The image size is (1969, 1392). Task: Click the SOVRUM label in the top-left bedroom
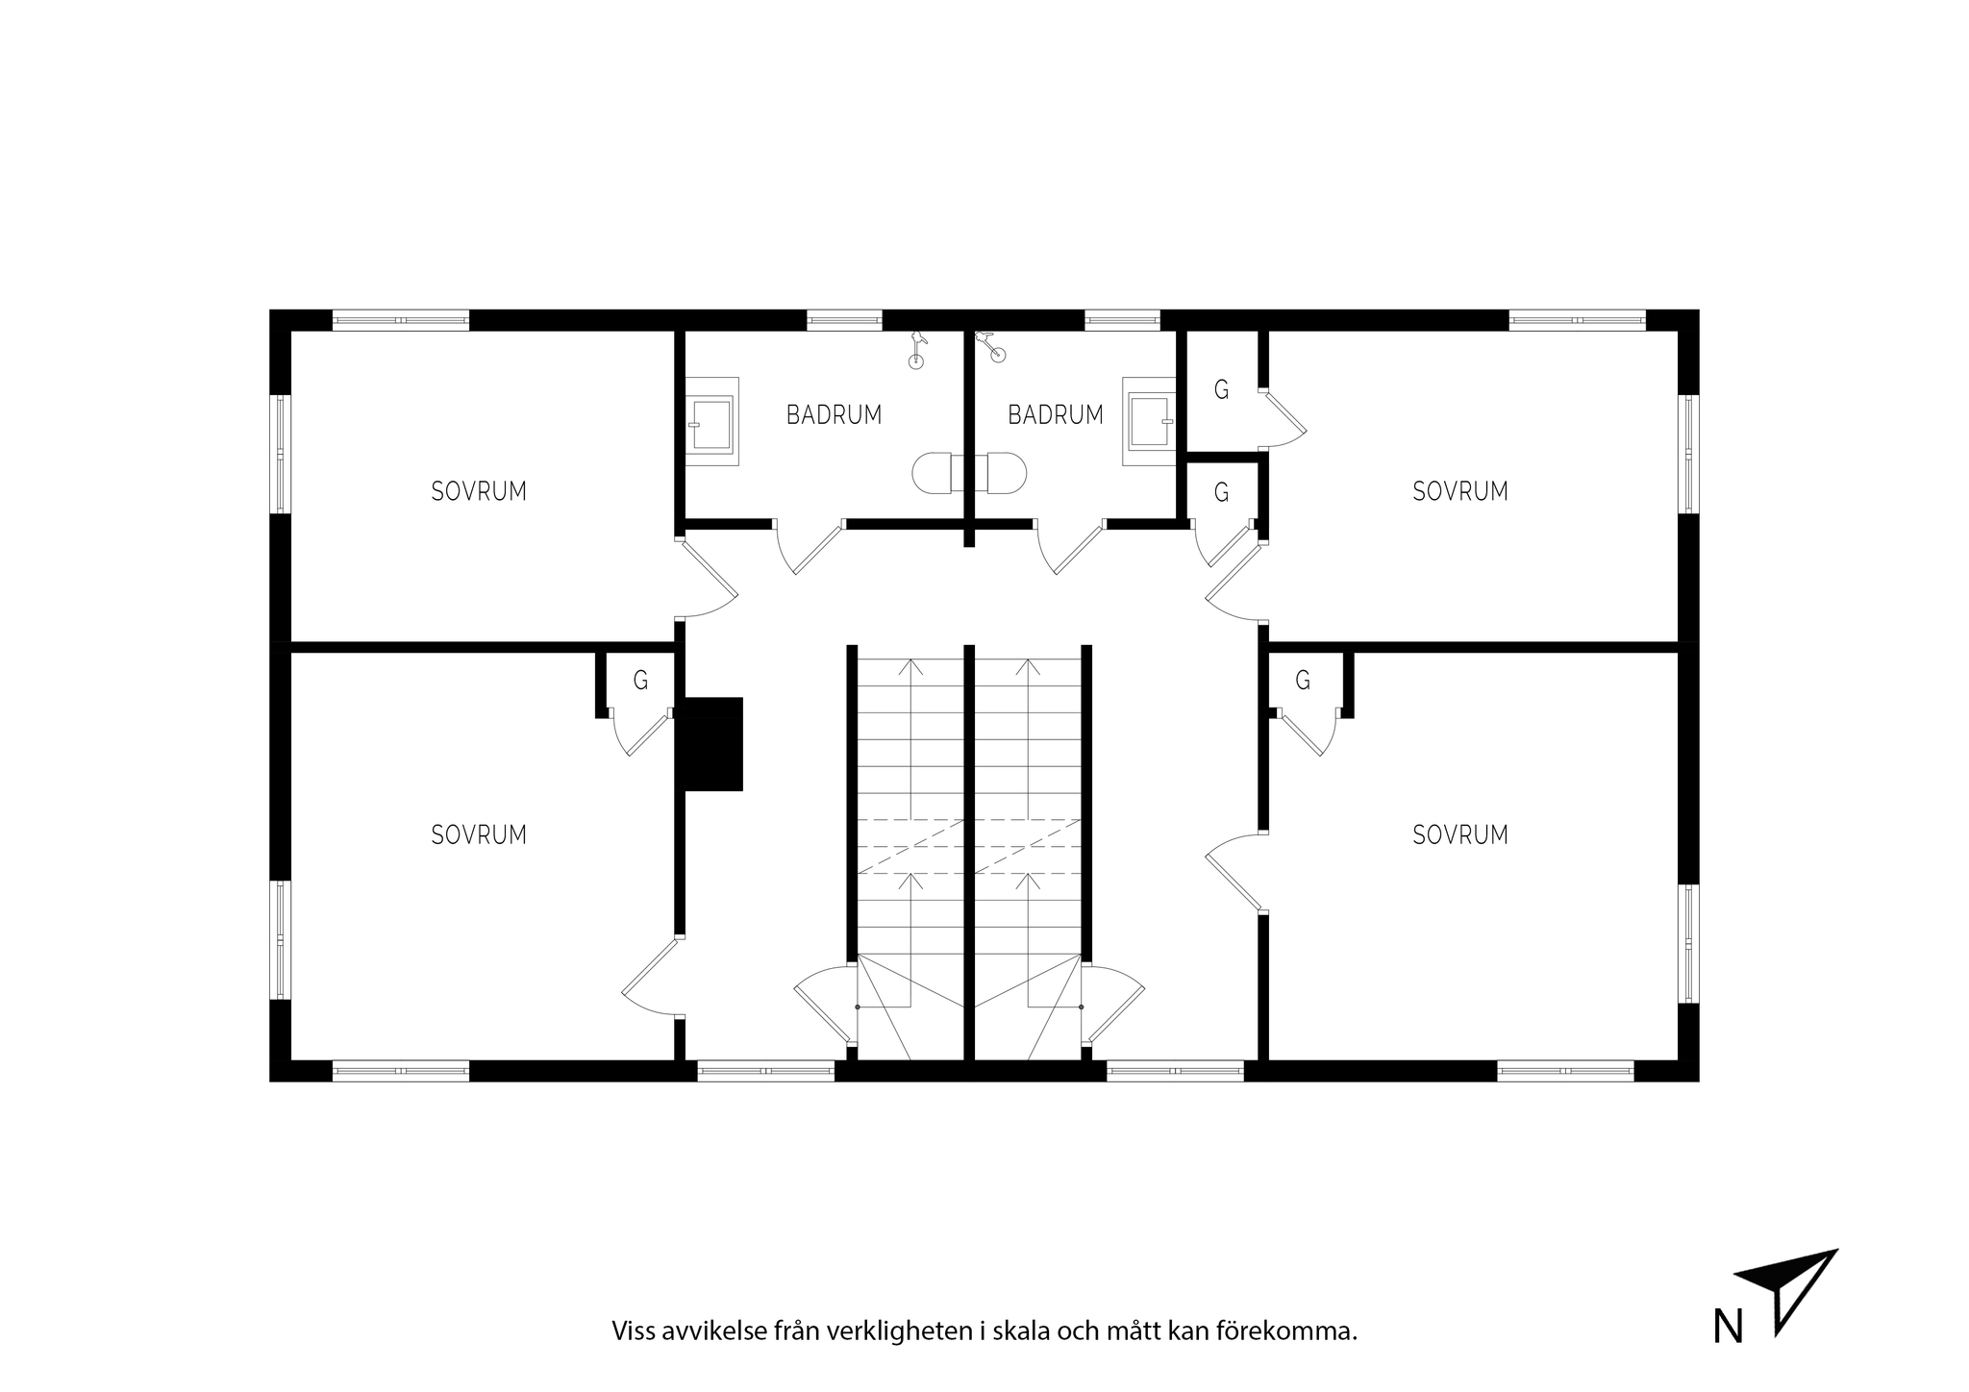pyautogui.click(x=479, y=491)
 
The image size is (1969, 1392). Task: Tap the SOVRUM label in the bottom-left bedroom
pyautogui.click(x=479, y=834)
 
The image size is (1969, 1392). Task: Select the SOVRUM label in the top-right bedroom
pyautogui.click(x=1460, y=491)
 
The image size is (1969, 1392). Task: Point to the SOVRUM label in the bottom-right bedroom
pyautogui.click(x=1460, y=834)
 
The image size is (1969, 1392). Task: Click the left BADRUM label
pyautogui.click(x=834, y=414)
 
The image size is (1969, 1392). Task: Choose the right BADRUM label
pyautogui.click(x=1056, y=414)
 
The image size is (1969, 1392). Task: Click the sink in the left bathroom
pyautogui.click(x=712, y=422)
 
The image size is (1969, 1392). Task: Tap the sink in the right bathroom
pyautogui.click(x=1149, y=422)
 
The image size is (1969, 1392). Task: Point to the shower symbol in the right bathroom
pyautogui.click(x=992, y=346)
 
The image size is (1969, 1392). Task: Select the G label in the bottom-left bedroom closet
pyautogui.click(x=640, y=681)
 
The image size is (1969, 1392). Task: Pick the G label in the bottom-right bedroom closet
pyautogui.click(x=1303, y=681)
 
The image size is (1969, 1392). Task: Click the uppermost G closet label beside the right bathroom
pyautogui.click(x=1221, y=389)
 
